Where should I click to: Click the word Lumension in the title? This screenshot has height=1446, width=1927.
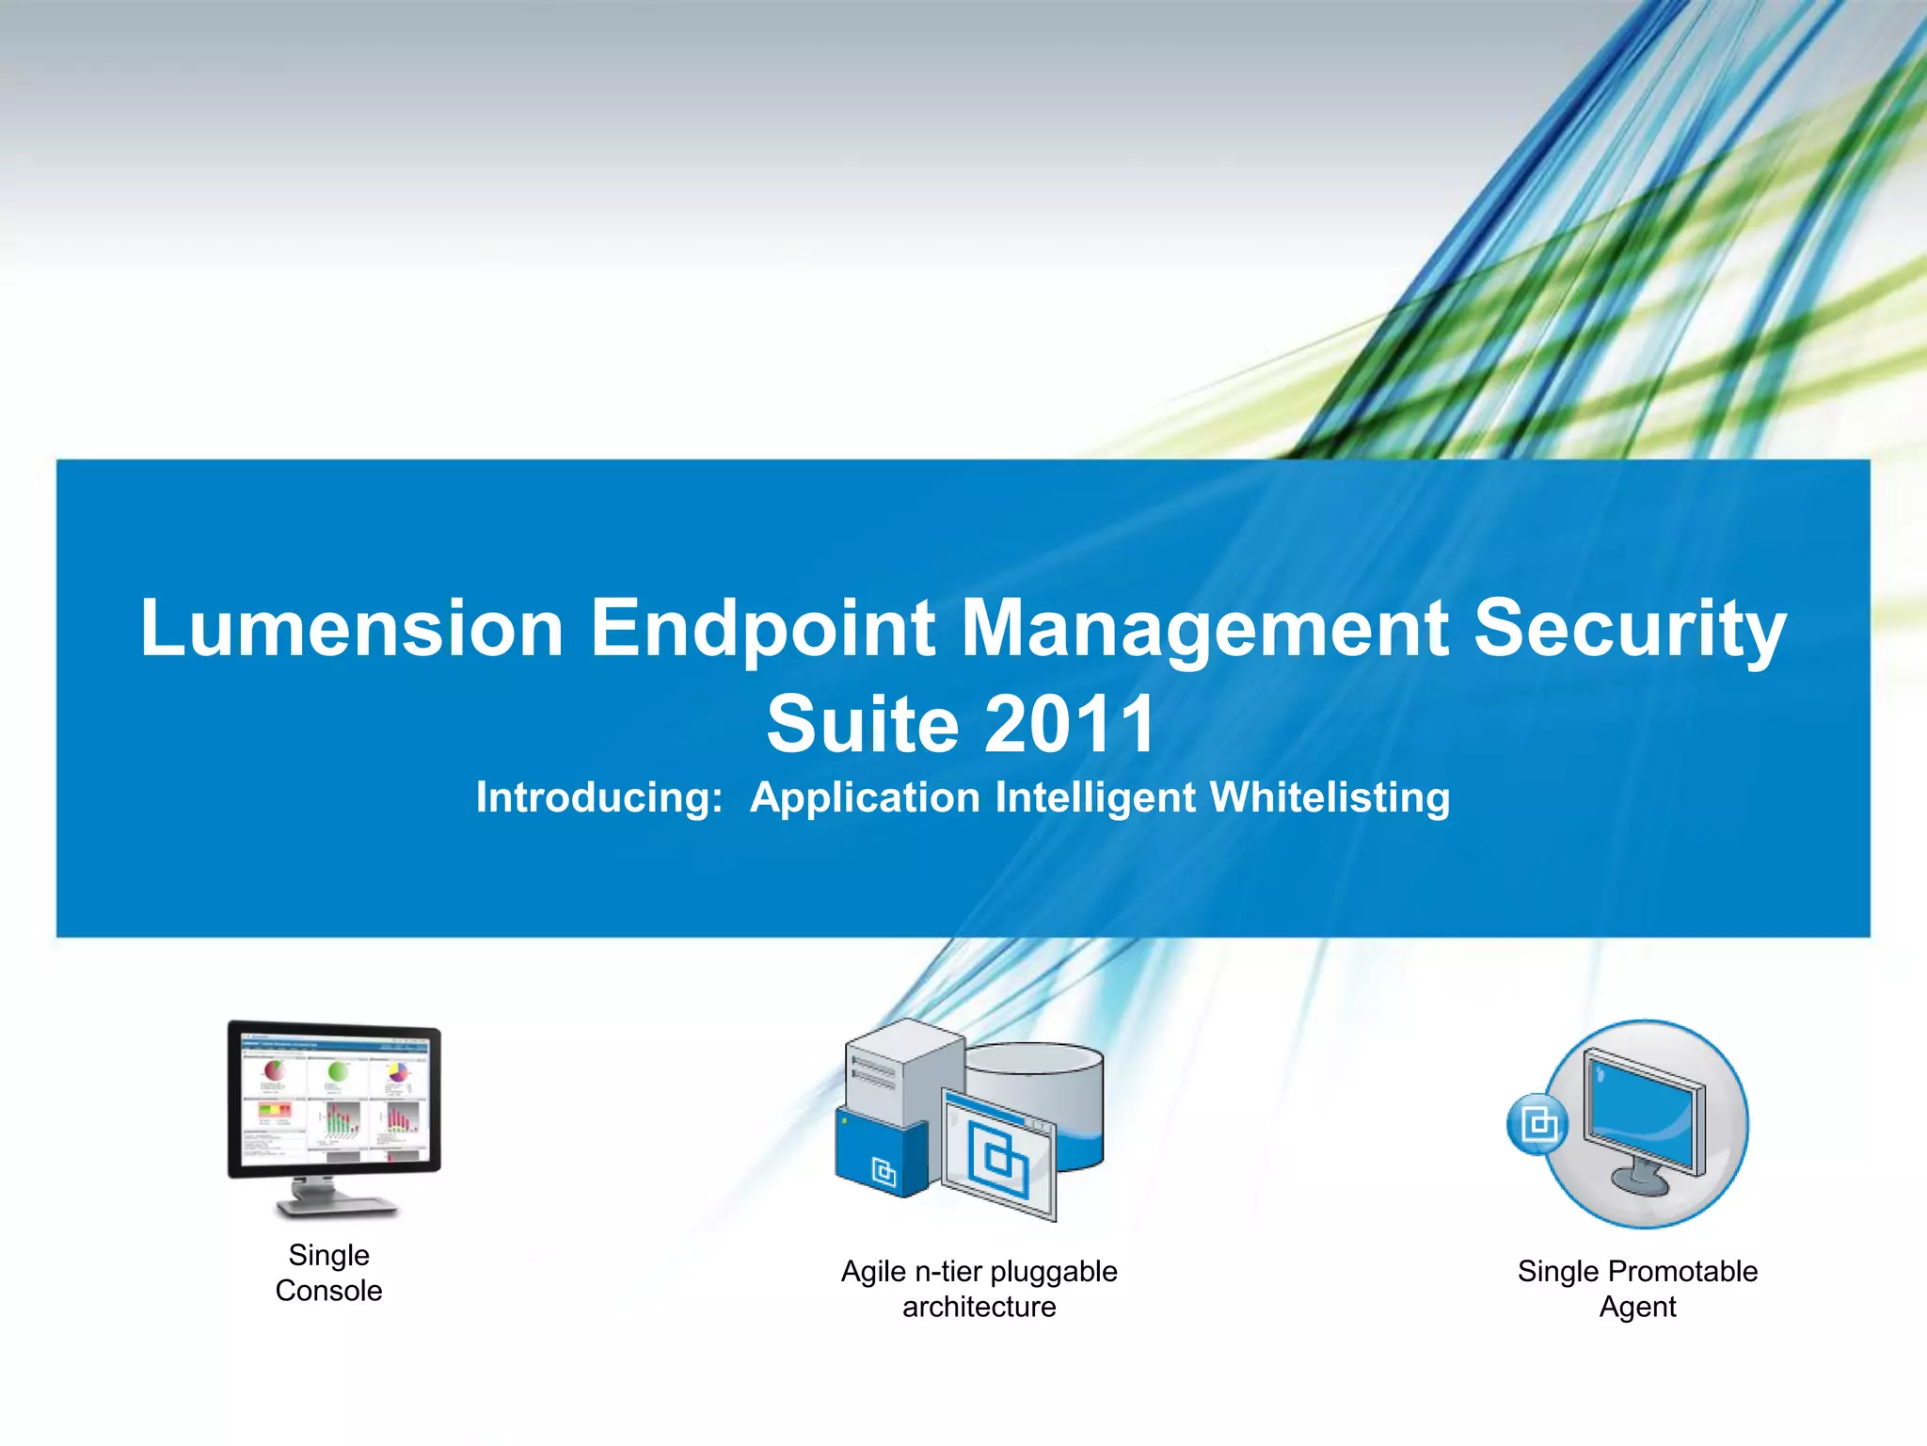pyautogui.click(x=352, y=629)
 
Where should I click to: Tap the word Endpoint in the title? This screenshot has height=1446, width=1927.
pyautogui.click(x=763, y=629)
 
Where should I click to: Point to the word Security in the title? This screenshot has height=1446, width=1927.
pyautogui.click(x=1629, y=629)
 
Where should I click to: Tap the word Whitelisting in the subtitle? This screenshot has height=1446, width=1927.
pyautogui.click(x=1330, y=797)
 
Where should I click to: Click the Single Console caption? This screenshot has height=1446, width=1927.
pyautogui.click(x=328, y=1272)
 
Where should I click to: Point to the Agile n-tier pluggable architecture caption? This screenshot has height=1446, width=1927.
pyautogui.click(x=979, y=1289)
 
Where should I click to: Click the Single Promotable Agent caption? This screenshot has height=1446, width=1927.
pyautogui.click(x=1637, y=1289)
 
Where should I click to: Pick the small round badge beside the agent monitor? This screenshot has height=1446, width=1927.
pyautogui.click(x=1537, y=1123)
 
